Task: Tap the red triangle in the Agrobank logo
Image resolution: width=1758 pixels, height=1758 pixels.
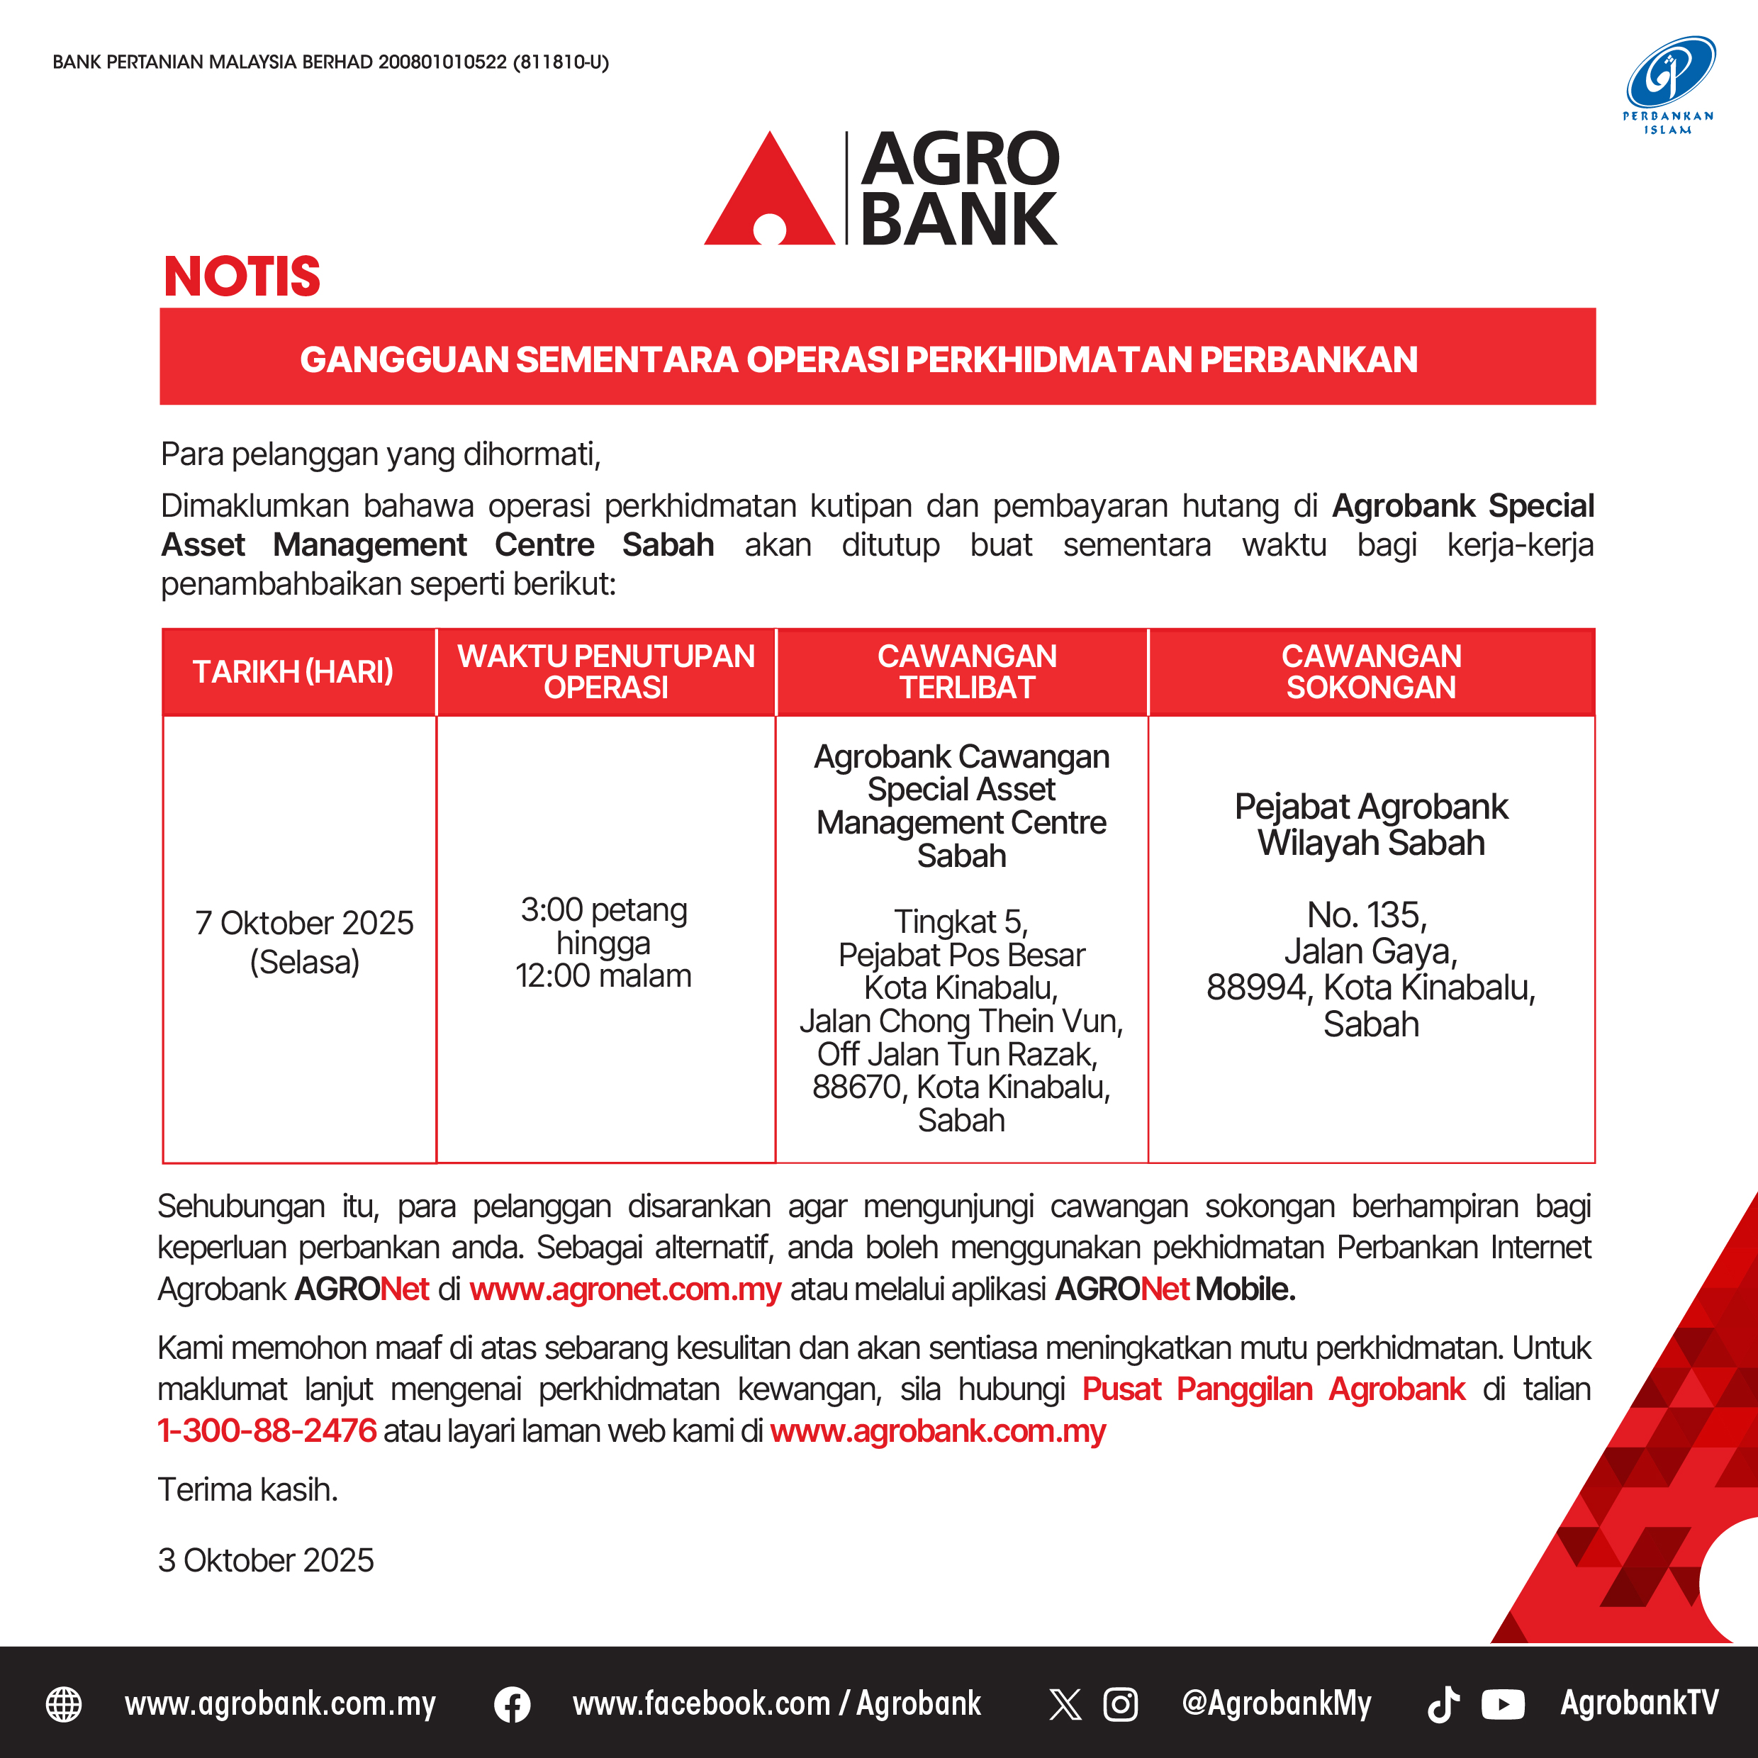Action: (x=770, y=196)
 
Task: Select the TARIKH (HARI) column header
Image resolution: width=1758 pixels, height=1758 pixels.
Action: (x=293, y=671)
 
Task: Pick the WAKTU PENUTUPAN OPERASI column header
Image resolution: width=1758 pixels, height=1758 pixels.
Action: (x=606, y=671)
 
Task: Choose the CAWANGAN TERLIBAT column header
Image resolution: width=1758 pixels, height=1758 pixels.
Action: (x=966, y=671)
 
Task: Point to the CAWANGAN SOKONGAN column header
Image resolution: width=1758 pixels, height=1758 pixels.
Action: (x=1371, y=671)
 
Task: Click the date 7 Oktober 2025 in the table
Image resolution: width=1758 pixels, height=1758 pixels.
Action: (x=304, y=924)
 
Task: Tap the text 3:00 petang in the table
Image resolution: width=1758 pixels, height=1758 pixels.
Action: (x=604, y=910)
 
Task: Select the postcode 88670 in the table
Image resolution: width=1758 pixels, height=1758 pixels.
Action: (x=856, y=1087)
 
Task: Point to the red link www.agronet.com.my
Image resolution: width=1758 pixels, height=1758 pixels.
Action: (x=625, y=1289)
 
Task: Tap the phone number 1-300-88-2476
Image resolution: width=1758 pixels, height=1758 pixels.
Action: (x=267, y=1431)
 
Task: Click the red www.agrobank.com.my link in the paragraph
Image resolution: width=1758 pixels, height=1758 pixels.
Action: (x=937, y=1431)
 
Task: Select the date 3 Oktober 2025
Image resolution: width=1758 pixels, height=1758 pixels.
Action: (x=266, y=1560)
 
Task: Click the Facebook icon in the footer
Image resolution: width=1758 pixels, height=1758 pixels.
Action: (x=513, y=1704)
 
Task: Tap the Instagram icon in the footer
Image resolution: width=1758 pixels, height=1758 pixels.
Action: (x=1120, y=1704)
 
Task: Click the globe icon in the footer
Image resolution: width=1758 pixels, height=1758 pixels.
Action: (x=64, y=1704)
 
